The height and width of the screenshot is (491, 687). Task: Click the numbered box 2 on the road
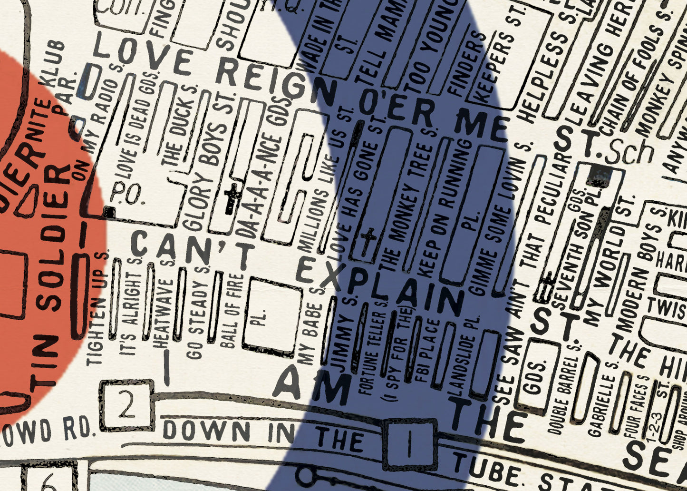(x=127, y=406)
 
